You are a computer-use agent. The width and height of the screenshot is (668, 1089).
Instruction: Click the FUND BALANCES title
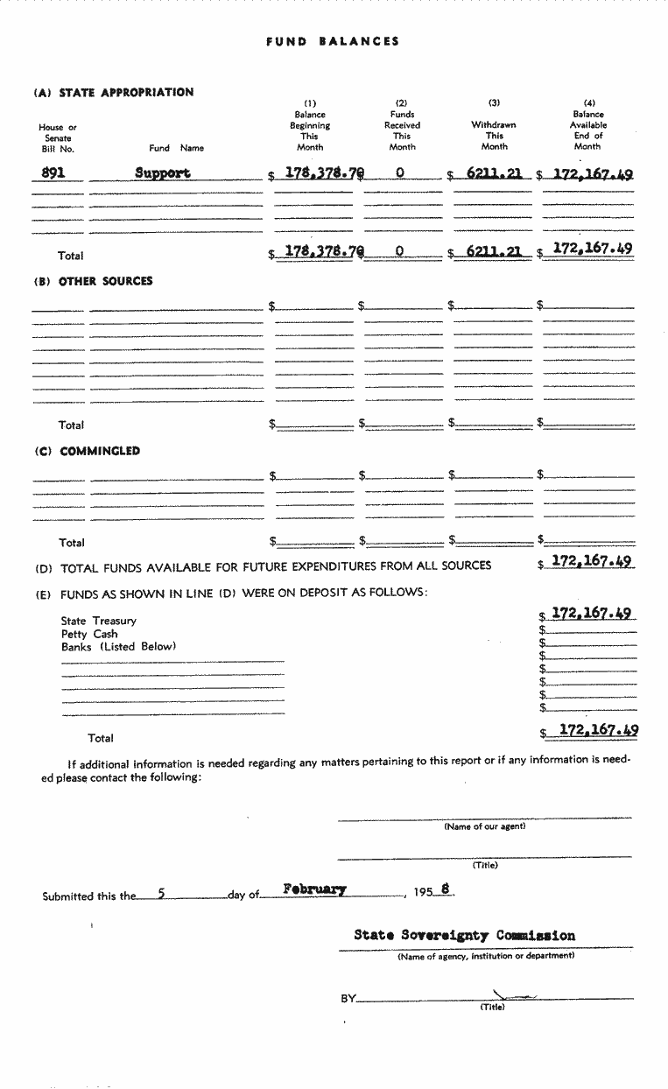click(x=333, y=41)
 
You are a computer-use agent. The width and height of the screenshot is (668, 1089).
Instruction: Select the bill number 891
click(x=53, y=172)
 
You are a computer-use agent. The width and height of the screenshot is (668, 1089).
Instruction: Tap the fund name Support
click(x=163, y=172)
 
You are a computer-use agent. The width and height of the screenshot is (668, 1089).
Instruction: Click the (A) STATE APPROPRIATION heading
click(x=114, y=93)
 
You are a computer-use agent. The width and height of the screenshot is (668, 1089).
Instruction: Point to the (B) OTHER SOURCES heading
click(x=94, y=281)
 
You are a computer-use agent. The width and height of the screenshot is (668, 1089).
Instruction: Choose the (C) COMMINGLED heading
click(x=88, y=452)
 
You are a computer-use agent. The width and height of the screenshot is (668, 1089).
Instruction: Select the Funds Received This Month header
click(x=402, y=130)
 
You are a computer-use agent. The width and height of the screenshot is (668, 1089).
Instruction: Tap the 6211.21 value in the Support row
click(x=494, y=173)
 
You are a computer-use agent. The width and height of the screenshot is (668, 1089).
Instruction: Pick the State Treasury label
click(x=99, y=621)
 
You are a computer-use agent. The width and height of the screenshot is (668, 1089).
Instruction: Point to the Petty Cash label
click(x=89, y=634)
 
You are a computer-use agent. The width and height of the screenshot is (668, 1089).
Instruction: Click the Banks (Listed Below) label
click(x=118, y=647)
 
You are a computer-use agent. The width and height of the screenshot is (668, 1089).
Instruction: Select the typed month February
click(x=314, y=889)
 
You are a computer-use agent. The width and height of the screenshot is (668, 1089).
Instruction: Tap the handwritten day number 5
click(x=161, y=894)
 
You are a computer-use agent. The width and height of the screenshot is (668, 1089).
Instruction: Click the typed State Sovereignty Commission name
click(x=465, y=935)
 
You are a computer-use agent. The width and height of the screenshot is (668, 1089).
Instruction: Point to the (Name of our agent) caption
click(x=485, y=826)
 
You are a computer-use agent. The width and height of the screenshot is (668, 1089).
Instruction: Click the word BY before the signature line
click(x=348, y=999)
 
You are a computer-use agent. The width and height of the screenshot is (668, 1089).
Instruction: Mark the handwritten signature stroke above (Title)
click(x=513, y=995)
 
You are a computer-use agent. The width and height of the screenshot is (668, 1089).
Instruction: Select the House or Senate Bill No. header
click(x=58, y=138)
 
